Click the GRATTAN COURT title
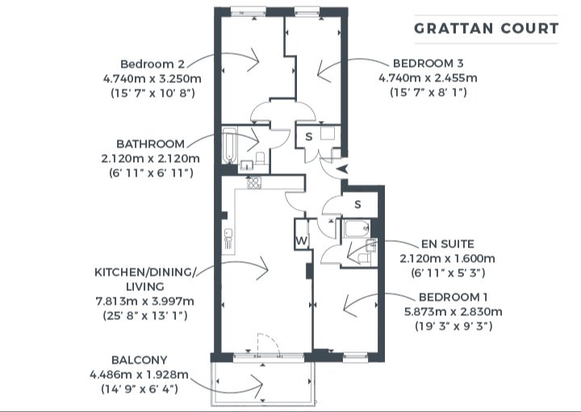pos(486,29)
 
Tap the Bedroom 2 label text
pos(153,64)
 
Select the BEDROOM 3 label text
pos(428,64)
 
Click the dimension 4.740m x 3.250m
pos(153,78)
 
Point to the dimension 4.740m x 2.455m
pos(428,78)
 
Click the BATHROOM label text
pos(150,144)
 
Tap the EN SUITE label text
pos(448,244)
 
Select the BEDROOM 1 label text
pos(454,297)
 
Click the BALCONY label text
pos(140,360)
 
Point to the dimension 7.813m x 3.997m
pos(145,301)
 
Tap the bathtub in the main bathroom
pos(229,145)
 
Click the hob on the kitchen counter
pos(254,182)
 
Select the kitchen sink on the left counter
pos(228,238)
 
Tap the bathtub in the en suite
pos(356,229)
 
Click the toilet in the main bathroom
pos(261,159)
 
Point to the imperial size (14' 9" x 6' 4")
pos(140,389)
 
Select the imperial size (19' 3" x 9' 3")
pos(454,326)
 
